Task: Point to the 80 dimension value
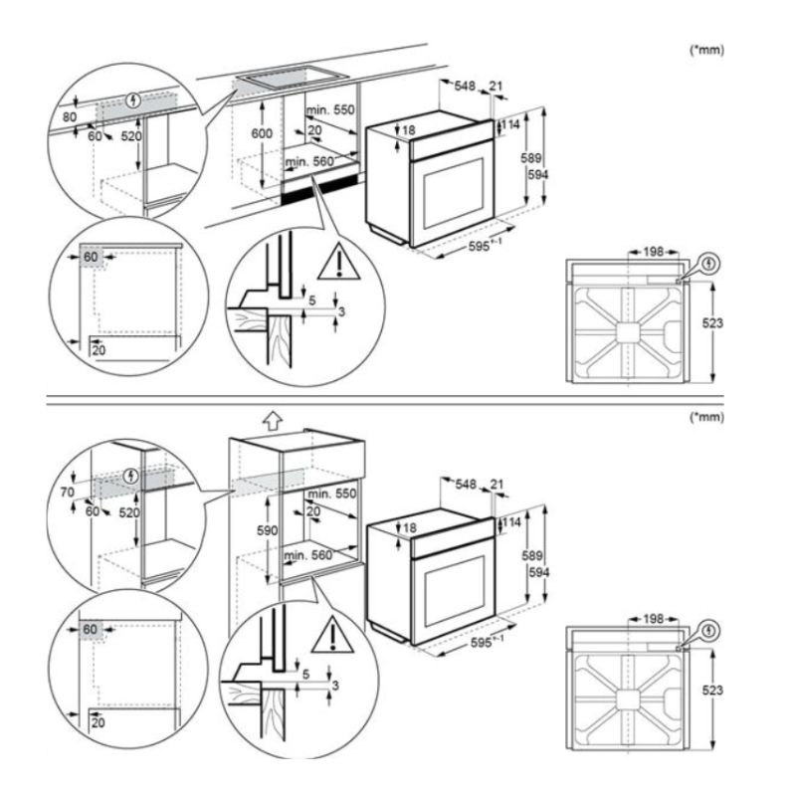click(69, 115)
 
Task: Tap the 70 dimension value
click(69, 491)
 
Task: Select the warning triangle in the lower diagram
click(338, 636)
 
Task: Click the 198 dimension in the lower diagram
click(653, 619)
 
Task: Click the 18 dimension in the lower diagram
click(409, 526)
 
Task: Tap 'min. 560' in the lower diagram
click(307, 555)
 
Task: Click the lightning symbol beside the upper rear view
click(706, 263)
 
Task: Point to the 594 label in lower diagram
click(537, 572)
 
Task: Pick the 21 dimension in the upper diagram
click(495, 87)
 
